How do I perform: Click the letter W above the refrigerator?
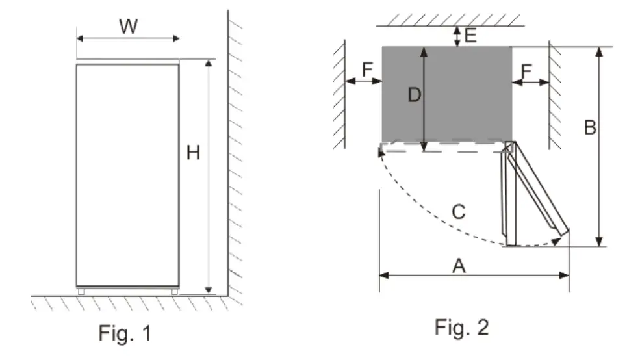coord(128,27)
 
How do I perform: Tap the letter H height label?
coord(194,153)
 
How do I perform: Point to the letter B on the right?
coord(589,128)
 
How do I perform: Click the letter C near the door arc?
coord(459,212)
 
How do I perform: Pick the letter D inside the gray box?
coord(414,96)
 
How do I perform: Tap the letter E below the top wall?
coord(470,36)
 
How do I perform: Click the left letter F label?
coord(367,70)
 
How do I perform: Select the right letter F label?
coord(527,70)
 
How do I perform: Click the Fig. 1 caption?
coord(125,333)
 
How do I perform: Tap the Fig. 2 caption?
coord(461,328)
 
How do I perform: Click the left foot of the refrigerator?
coord(81,292)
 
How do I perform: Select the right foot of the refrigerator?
coord(174,292)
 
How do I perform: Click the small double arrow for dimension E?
coord(458,36)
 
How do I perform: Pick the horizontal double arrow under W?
coord(128,38)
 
